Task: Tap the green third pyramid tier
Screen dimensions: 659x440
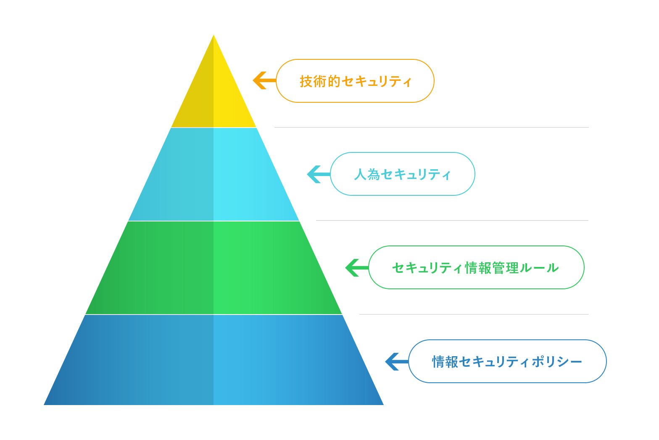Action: click(214, 268)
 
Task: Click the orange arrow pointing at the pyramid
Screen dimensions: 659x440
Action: click(264, 80)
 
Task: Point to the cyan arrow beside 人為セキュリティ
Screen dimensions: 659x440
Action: click(319, 174)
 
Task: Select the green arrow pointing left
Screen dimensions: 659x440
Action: click(357, 268)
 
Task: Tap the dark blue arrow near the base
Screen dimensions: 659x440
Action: click(397, 361)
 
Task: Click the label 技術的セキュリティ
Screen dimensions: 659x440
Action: click(355, 81)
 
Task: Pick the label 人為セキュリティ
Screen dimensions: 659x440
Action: click(403, 174)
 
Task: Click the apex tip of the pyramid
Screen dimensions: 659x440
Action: click(214, 35)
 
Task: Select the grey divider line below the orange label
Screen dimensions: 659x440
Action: click(432, 127)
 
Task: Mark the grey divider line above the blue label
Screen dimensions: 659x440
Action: click(474, 314)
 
